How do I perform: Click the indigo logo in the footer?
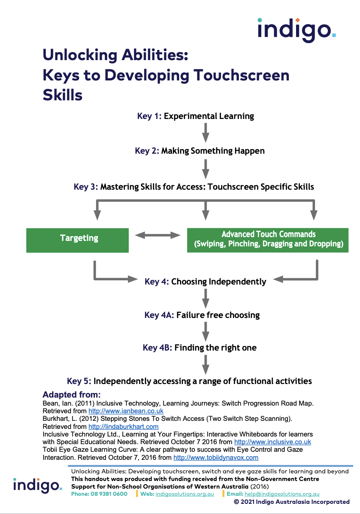point(37,485)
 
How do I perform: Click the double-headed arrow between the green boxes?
point(158,235)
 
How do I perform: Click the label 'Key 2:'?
point(147,151)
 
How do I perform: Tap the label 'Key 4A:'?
point(159,315)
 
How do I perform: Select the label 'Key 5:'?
point(79,381)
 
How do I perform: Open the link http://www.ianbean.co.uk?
point(126,411)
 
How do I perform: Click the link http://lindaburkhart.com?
point(123,427)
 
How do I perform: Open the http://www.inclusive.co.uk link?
point(272,442)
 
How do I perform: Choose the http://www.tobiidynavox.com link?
point(216,458)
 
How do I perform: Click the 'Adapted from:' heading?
point(71,395)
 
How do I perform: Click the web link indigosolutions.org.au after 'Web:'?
point(185,494)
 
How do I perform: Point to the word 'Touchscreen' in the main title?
point(241,75)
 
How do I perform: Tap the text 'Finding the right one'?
point(215,348)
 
